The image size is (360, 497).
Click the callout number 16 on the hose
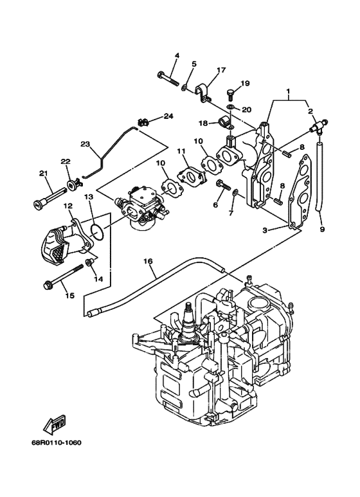[x=147, y=261]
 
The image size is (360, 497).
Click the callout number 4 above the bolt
[x=177, y=55]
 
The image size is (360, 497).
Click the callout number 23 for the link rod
[x=85, y=144]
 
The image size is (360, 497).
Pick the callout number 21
[x=44, y=173]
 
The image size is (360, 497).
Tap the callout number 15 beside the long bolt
[x=69, y=295]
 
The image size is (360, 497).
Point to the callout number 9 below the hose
[x=321, y=229]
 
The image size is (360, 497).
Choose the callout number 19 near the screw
[x=245, y=84]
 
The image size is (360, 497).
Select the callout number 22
[x=65, y=161]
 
